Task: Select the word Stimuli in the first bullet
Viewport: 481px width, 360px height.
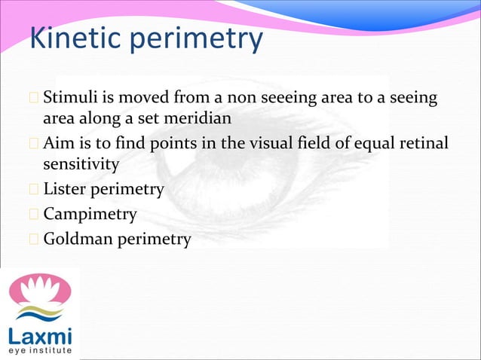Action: point(69,99)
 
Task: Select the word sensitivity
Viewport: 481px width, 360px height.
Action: point(81,163)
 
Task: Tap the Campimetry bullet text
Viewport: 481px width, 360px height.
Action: point(90,215)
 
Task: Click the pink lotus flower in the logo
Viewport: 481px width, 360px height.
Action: point(39,290)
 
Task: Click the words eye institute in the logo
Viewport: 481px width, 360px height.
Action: point(40,350)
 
